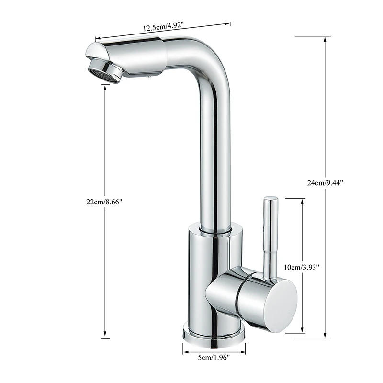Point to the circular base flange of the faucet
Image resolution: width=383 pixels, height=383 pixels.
click(214, 332)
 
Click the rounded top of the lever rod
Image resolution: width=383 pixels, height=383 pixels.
click(270, 198)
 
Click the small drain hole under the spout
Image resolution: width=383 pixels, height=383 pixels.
click(149, 75)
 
